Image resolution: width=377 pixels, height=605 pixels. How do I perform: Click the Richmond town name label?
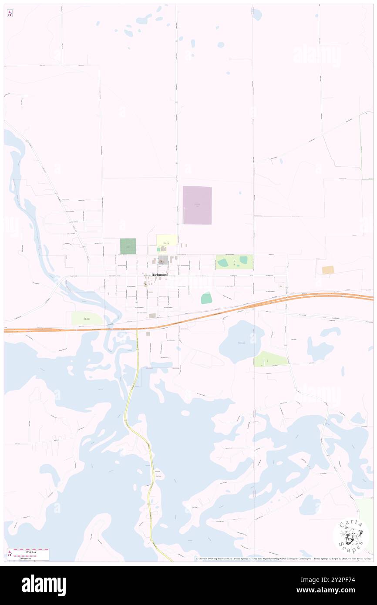click(x=160, y=275)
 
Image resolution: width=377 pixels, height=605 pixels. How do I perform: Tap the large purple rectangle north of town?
click(x=197, y=205)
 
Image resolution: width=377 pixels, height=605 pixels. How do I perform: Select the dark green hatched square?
click(x=128, y=246)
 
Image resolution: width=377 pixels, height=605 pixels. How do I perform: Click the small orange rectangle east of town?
click(x=328, y=270)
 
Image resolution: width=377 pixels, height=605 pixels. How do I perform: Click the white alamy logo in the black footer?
click(x=44, y=585)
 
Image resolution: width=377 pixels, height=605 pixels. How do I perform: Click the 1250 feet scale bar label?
click(x=28, y=550)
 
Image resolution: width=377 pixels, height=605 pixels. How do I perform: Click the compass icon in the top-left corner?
click(x=10, y=13)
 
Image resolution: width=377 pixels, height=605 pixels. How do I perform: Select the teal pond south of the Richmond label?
click(x=206, y=298)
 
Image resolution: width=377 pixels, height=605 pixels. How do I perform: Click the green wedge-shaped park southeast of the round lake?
click(x=270, y=359)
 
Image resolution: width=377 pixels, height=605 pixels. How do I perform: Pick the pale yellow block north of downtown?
click(x=167, y=240)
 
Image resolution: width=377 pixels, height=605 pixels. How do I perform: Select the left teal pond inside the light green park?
click(x=222, y=262)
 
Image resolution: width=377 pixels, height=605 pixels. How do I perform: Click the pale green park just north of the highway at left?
click(x=87, y=319)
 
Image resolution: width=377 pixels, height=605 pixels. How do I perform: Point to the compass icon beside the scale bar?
click(x=10, y=554)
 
